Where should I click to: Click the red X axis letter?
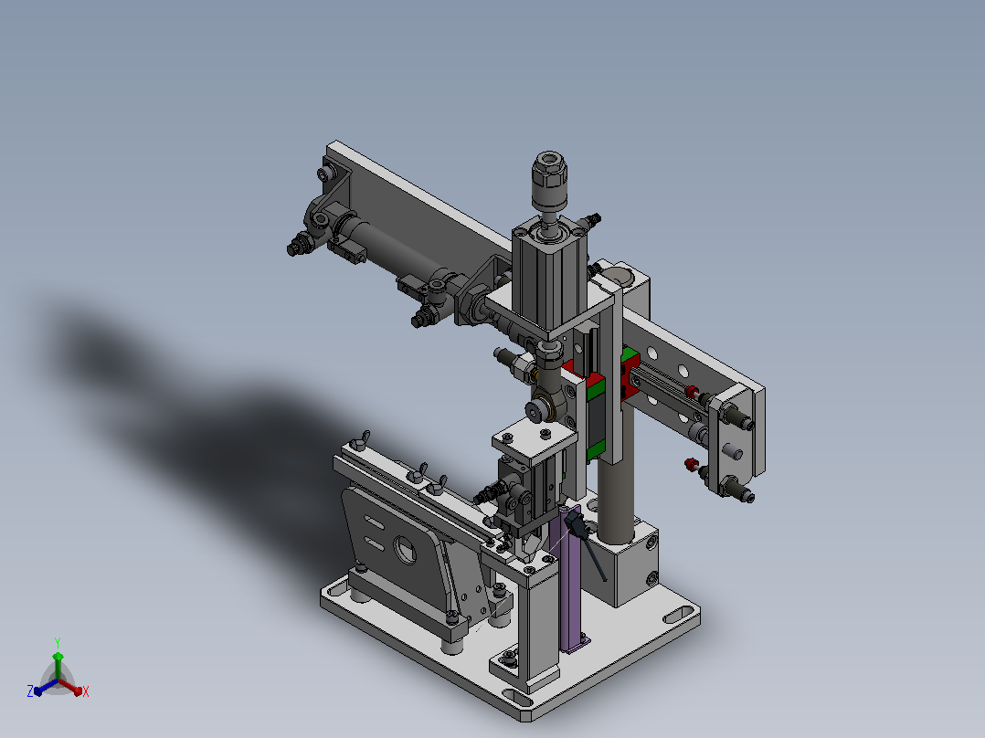pyautogui.click(x=86, y=691)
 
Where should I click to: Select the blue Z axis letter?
pyautogui.click(x=30, y=691)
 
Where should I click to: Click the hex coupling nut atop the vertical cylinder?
pyautogui.click(x=549, y=171)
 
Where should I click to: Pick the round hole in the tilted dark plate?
pyautogui.click(x=405, y=549)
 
